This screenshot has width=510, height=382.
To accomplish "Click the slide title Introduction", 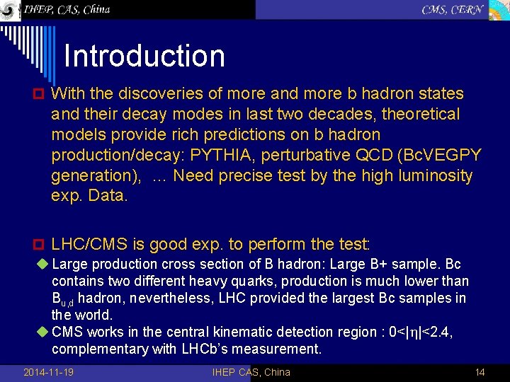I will tap(144, 57).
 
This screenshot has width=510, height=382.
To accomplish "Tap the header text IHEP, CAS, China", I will tap(67, 9).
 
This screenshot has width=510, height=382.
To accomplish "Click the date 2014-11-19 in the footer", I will tap(49, 372).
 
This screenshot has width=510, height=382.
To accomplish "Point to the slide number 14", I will tap(480, 372).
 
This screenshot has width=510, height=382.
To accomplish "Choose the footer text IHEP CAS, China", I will tap(251, 372).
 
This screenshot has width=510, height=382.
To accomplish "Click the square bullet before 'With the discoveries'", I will tap(40, 94).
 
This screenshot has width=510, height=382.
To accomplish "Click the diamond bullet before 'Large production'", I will tap(43, 265).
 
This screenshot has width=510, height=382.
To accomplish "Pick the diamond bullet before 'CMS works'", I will tap(43, 332).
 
